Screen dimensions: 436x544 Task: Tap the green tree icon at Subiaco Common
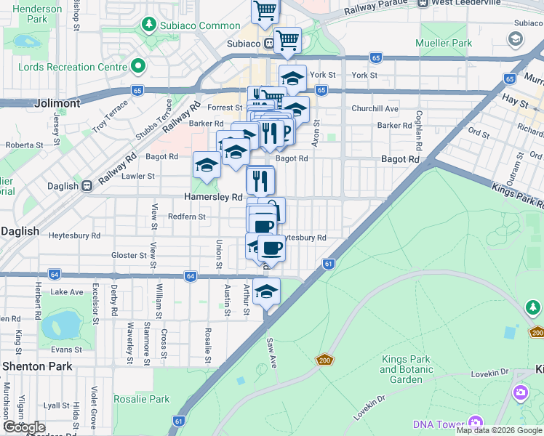(148, 25)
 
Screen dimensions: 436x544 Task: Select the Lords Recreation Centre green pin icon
(137, 67)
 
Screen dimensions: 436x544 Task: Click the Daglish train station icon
(87, 186)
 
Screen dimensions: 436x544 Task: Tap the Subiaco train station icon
(269, 44)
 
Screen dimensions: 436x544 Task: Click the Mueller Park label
(444, 43)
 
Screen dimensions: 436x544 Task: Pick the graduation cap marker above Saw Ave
(267, 292)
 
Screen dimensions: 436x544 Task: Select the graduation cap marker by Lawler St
(207, 166)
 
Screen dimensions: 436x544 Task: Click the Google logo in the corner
(24, 427)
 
